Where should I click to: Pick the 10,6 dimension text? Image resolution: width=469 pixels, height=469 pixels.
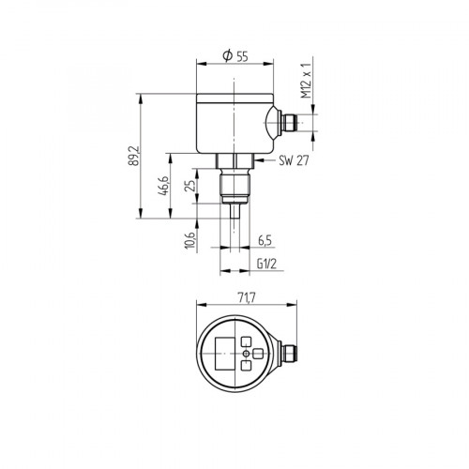[191, 239]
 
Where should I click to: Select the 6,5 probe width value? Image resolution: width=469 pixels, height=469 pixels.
[265, 240]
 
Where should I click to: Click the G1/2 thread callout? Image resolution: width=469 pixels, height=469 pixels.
[265, 265]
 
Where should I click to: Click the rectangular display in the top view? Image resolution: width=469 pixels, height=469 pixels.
[224, 354]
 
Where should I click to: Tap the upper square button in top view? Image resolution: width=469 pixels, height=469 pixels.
[247, 341]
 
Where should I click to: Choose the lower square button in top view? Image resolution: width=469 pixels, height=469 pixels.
[247, 366]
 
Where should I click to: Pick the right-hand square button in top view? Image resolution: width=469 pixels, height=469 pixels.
[258, 354]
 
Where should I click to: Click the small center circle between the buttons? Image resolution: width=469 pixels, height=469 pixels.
[247, 354]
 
